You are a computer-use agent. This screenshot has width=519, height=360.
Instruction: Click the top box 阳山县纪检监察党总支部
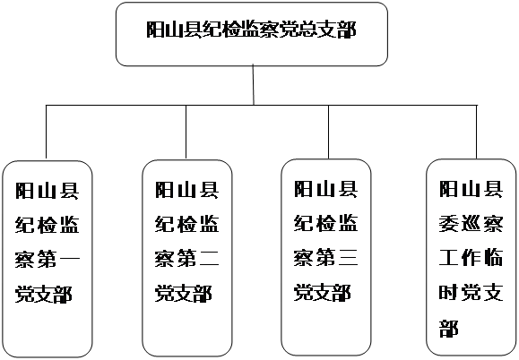click(x=252, y=34)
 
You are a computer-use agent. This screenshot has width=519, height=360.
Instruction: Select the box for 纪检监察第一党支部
click(x=48, y=259)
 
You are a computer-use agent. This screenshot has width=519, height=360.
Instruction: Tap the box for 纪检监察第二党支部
click(x=187, y=258)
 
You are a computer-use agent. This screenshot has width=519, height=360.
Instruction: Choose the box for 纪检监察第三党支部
click(x=326, y=258)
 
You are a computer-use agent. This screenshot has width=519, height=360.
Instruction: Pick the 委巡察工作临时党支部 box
click(x=471, y=258)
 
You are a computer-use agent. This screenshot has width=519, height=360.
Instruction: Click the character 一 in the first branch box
click(x=70, y=259)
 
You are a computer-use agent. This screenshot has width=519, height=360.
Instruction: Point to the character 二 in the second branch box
click(x=210, y=258)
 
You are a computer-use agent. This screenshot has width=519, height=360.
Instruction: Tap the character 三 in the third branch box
click(x=349, y=257)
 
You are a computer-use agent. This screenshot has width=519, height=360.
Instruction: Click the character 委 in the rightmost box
click(x=449, y=224)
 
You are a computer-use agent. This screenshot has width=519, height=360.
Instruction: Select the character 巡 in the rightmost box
click(x=471, y=224)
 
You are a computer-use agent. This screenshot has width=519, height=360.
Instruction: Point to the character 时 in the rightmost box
click(x=449, y=292)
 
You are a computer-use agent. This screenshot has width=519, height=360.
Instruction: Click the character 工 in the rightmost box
click(x=449, y=258)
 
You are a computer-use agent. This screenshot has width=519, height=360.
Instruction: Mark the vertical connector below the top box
click(x=253, y=85)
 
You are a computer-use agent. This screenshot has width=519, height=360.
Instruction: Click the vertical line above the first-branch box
click(x=46, y=132)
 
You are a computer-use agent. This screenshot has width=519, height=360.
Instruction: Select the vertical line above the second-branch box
click(x=186, y=132)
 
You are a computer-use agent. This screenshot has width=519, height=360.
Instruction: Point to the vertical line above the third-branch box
click(x=328, y=132)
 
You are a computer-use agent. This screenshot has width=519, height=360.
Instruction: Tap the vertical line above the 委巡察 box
click(x=477, y=132)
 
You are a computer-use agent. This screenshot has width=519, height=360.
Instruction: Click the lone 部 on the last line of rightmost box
click(x=449, y=327)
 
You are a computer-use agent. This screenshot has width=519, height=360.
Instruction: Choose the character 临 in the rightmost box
click(x=493, y=258)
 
